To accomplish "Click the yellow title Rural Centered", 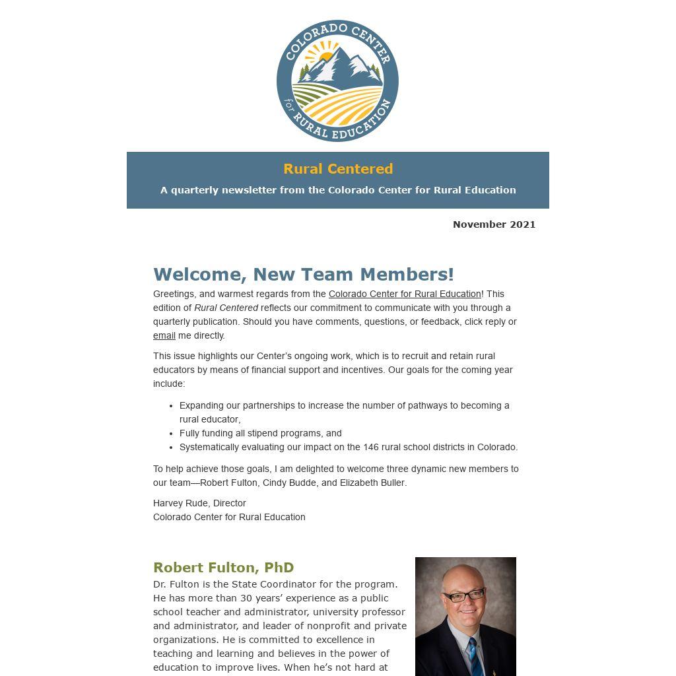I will (338, 169).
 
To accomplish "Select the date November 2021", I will (494, 224).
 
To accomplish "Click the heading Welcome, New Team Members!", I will (304, 274).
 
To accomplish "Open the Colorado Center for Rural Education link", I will (405, 294).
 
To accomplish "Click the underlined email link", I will (164, 335).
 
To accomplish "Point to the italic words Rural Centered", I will (226, 308).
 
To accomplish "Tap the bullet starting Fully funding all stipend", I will (260, 433).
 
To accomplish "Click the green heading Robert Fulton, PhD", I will (223, 568).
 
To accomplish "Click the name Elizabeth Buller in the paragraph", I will (372, 483).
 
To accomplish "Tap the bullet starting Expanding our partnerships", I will (344, 405).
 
